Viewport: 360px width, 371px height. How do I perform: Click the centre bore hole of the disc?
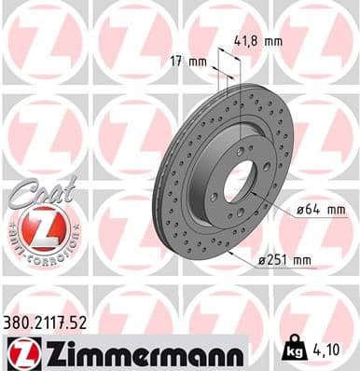tap(245, 177)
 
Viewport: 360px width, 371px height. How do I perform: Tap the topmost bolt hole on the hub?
tap(240, 148)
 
